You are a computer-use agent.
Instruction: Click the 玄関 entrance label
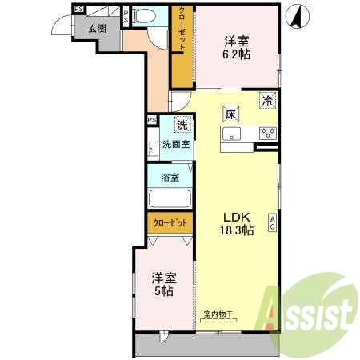97,27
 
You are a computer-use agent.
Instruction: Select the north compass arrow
295,14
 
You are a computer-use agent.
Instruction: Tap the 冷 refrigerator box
268,102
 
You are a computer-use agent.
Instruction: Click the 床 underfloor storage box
230,114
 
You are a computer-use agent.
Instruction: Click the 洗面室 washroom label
176,145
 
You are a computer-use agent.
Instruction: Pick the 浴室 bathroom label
169,177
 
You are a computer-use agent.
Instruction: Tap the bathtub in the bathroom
169,199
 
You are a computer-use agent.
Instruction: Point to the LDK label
237,217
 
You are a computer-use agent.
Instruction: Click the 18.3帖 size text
237,230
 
